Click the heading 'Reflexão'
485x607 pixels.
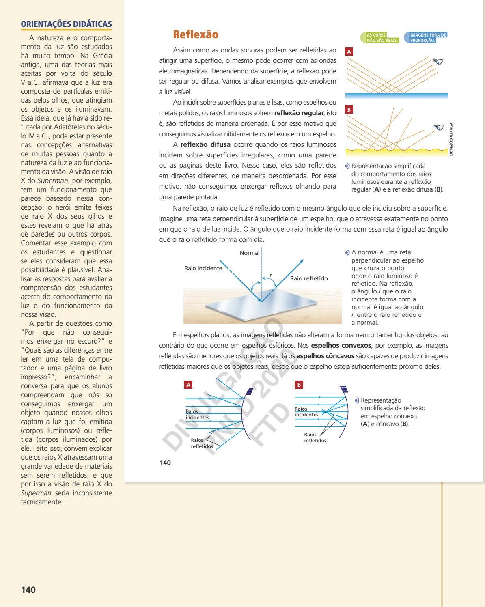coord(195,34)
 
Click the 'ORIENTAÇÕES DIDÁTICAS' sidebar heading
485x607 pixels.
coord(66,24)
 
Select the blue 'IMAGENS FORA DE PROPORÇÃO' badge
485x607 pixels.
coord(426,38)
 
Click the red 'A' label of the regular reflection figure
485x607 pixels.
coord(349,52)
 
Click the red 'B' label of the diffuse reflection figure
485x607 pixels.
coord(349,110)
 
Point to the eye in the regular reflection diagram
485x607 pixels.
coord(438,62)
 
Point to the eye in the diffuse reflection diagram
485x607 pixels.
coord(438,127)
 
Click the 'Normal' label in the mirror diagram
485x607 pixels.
coord(249,253)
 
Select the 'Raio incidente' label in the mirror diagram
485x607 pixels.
coord(203,268)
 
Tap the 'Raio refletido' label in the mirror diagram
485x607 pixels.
coord(309,278)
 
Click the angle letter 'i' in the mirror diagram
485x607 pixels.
coord(252,282)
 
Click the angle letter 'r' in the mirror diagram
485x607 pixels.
coord(271,275)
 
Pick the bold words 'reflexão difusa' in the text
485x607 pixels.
coord(205,145)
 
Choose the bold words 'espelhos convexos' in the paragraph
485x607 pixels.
coord(341,346)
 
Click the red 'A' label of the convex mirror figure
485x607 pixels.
coord(188,385)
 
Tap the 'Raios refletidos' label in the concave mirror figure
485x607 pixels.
coord(315,437)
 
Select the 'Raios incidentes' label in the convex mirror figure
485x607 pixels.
coord(197,414)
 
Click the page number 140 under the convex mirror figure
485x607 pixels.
coord(165,463)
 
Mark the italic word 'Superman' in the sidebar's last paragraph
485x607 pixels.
coord(36,493)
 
